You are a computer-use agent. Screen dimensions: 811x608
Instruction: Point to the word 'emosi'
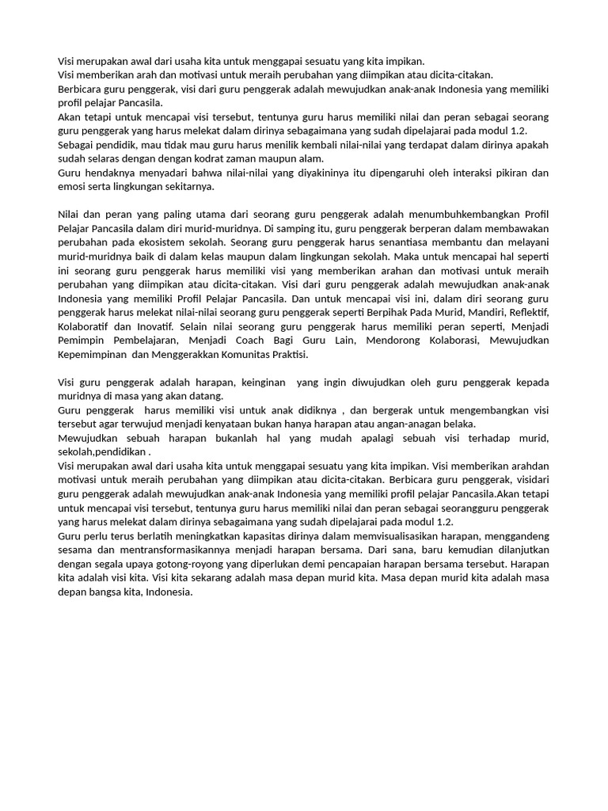coord(72,187)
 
